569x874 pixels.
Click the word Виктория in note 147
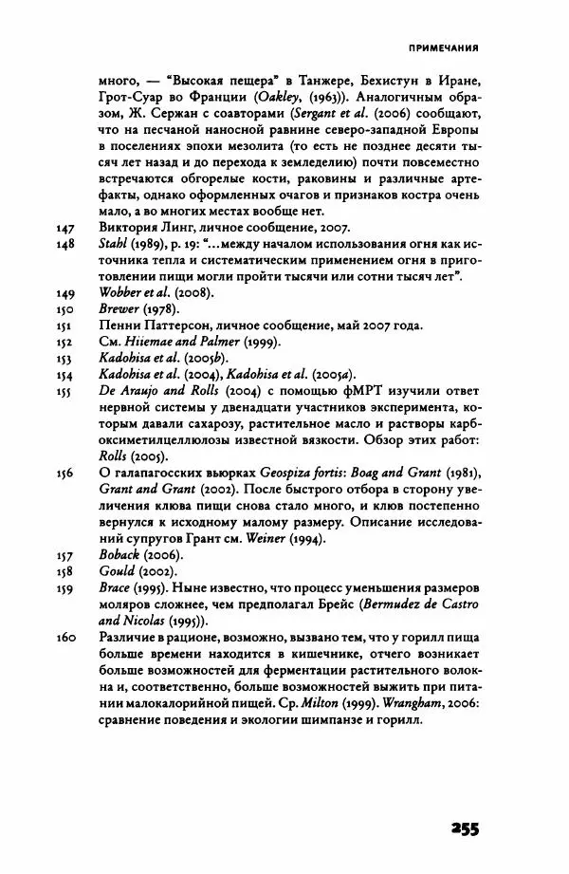129,228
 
